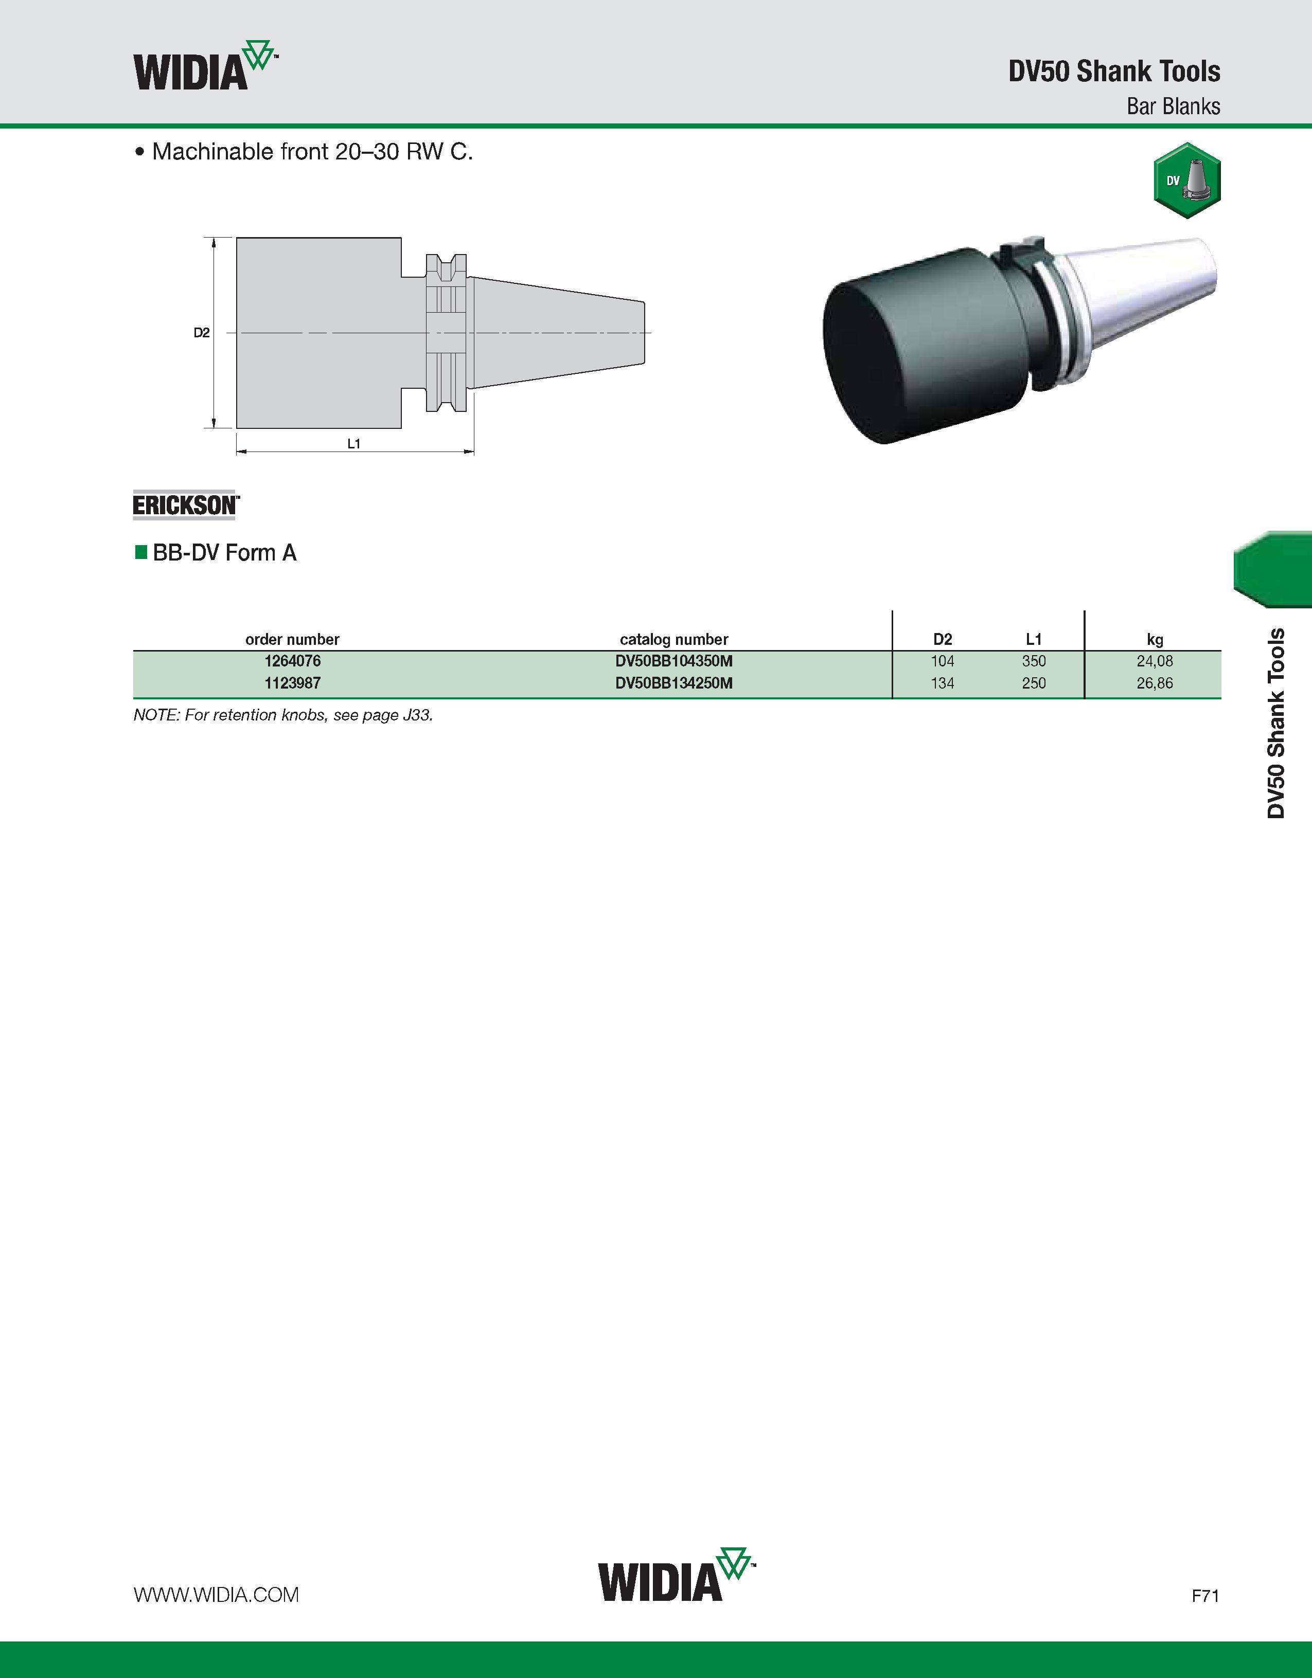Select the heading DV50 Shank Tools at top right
[x=1114, y=71]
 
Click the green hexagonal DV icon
[x=1187, y=181]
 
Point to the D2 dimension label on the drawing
[x=201, y=333]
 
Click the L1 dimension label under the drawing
[x=353, y=443]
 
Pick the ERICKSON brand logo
[x=186, y=505]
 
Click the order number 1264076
[x=292, y=661]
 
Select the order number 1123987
[x=292, y=683]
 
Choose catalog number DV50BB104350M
[x=674, y=661]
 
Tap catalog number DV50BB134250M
[x=674, y=683]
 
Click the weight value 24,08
[x=1155, y=661]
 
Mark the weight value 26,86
[x=1155, y=683]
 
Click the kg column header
[x=1155, y=639]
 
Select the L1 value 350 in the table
[x=1034, y=661]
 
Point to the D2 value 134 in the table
[x=942, y=683]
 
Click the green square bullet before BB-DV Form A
[x=140, y=552]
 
